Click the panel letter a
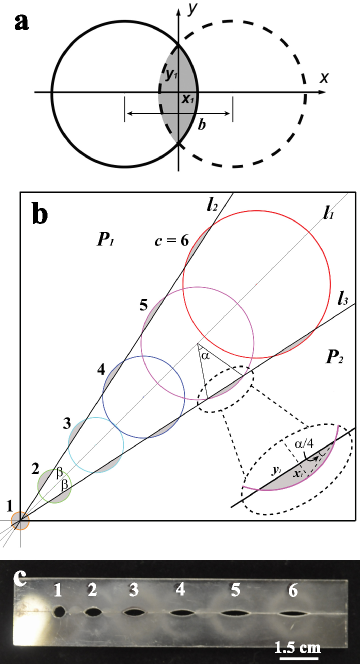tap(21, 21)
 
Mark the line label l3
tap(342, 297)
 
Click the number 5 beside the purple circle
tap(144, 303)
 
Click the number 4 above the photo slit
tap(180, 591)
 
